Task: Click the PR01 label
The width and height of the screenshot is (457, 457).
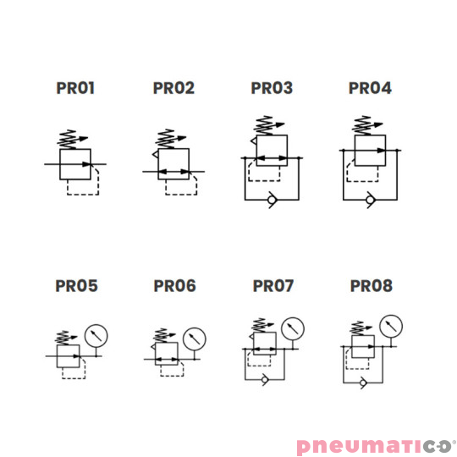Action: [x=75, y=88]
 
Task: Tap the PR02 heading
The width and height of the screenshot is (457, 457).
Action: [x=173, y=88]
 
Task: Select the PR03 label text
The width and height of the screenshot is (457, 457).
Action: [x=272, y=88]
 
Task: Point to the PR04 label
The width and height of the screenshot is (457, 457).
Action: [x=370, y=88]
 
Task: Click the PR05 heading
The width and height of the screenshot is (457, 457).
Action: [x=76, y=286]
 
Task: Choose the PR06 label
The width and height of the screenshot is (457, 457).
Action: [x=174, y=286]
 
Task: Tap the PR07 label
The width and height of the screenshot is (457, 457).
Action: [x=273, y=286]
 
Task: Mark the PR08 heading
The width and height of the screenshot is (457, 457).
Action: [x=372, y=286]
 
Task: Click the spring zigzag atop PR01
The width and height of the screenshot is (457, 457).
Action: [x=68, y=140]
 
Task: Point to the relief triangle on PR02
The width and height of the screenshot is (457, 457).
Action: [x=156, y=155]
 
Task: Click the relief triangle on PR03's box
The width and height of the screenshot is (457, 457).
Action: [x=254, y=140]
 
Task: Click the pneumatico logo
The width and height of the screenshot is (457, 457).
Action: [x=376, y=446]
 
